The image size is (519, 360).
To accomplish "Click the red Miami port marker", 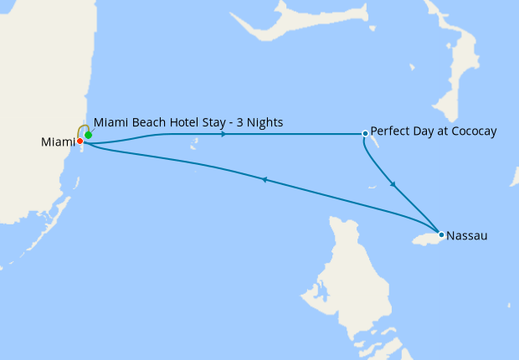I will [80, 141].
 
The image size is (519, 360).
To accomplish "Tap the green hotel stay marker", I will [88, 135].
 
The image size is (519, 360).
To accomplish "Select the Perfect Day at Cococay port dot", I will [365, 133].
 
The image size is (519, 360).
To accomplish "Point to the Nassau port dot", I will [441, 234].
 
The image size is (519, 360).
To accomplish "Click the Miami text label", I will [58, 143].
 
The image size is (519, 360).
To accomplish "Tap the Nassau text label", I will [467, 236].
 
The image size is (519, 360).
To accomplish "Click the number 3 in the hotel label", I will [231, 123].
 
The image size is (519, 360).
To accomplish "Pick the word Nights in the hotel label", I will [262, 123].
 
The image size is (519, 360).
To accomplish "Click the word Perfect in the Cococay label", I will [390, 132].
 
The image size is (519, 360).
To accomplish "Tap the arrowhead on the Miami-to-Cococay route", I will [224, 134].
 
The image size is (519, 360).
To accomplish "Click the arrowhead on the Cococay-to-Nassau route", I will [393, 184].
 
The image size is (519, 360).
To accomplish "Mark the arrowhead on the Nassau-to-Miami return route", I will [265, 179].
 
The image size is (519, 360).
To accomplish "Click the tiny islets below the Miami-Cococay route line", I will [193, 149].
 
